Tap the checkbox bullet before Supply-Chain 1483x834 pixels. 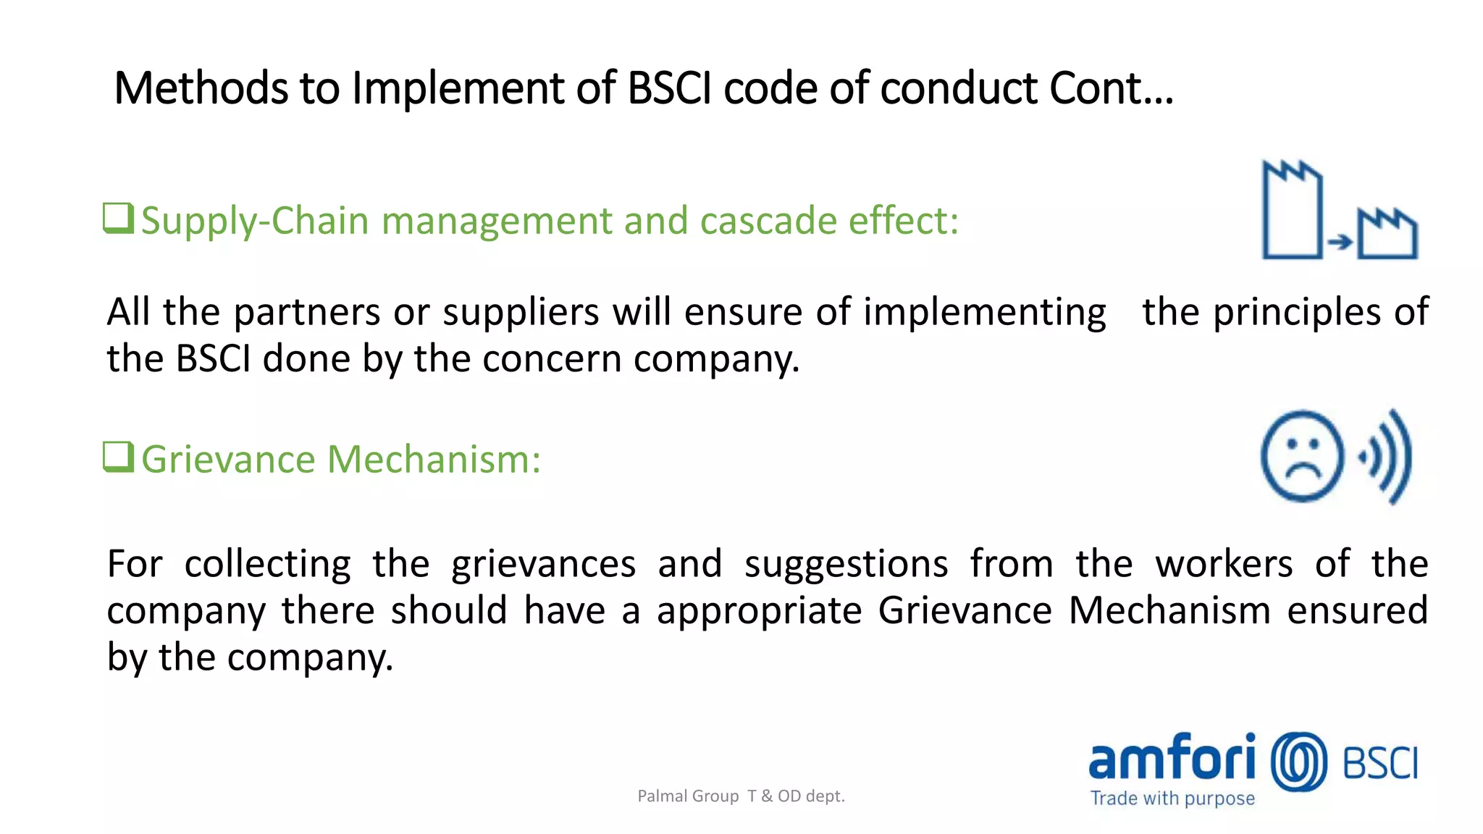118,218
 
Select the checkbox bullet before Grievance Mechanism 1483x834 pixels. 118,457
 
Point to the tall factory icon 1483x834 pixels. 1292,211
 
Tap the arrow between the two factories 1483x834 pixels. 1340,242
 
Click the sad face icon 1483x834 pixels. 1302,456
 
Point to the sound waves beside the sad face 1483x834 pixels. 1387,457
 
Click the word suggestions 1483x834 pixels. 846,564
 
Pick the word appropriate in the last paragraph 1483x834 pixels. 760,610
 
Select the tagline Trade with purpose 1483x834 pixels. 1172,799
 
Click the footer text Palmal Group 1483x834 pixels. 688,796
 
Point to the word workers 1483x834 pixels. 1224,564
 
